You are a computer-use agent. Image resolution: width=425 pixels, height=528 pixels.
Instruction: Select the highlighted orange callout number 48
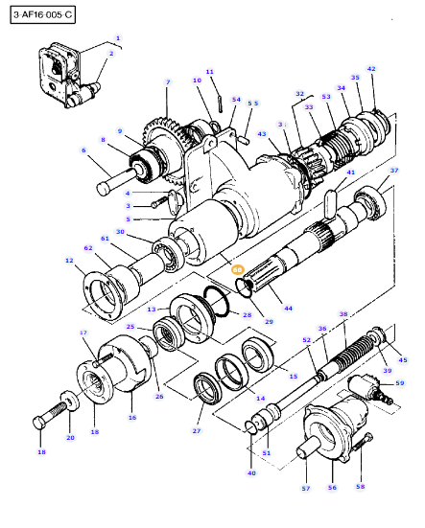tap(238, 270)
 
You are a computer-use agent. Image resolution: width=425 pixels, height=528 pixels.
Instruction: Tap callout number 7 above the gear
tap(168, 82)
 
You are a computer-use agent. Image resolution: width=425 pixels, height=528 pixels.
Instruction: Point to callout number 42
tap(371, 69)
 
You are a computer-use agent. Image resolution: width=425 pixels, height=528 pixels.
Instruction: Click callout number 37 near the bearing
tap(393, 171)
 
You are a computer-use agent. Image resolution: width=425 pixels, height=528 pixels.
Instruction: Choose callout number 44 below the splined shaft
tap(288, 309)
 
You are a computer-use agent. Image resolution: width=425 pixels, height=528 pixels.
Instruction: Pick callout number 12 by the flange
tap(69, 261)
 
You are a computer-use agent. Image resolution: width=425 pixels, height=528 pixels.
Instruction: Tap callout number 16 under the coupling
tap(132, 418)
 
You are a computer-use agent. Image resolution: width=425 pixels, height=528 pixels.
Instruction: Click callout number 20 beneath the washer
tap(69, 438)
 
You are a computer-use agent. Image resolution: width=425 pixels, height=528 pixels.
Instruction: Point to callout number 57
tap(306, 488)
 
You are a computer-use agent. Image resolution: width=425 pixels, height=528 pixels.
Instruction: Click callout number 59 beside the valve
tap(399, 383)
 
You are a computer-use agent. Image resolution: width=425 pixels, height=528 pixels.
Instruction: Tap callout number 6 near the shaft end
tap(83, 150)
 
